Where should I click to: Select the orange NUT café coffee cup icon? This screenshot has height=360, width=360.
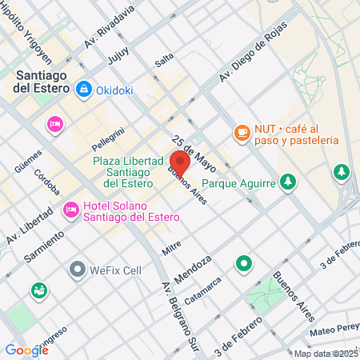point(242,132)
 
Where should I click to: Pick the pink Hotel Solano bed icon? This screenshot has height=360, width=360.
point(71,210)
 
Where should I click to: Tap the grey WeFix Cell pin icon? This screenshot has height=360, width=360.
point(78,269)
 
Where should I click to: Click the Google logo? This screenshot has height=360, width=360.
point(26,350)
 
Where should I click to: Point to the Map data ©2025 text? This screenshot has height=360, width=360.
point(326,354)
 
